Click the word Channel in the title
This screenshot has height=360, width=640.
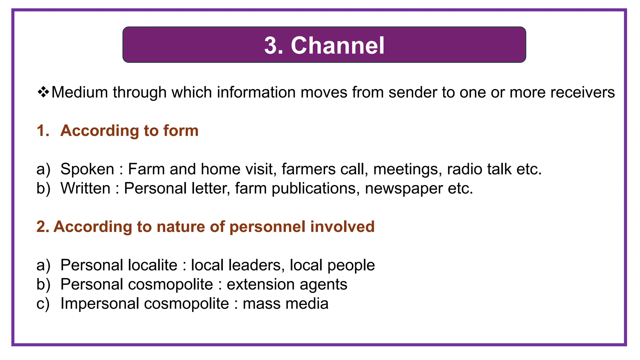(x=337, y=46)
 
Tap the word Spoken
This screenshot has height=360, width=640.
(x=87, y=169)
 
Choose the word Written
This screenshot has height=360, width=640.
(x=85, y=188)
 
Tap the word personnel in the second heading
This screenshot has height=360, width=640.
(x=267, y=227)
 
